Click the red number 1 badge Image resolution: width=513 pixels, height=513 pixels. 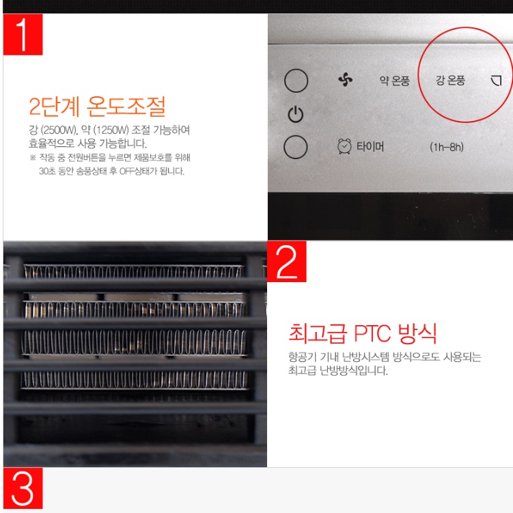[x=23, y=35]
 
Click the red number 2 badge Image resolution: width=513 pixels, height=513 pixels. [x=287, y=261]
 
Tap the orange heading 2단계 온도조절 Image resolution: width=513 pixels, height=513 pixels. [x=97, y=107]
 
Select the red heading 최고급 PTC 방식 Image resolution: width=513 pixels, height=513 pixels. [x=362, y=333]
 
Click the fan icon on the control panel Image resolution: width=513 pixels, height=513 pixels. [x=345, y=81]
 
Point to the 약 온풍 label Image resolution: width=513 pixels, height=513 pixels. [x=394, y=81]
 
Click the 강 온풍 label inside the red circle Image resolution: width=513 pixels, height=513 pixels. [x=450, y=81]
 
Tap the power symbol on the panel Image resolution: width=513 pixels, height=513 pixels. [x=295, y=115]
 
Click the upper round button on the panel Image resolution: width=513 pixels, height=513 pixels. [x=296, y=81]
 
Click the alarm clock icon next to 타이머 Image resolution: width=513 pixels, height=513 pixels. [x=345, y=146]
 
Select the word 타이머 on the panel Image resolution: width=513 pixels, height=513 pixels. [x=370, y=146]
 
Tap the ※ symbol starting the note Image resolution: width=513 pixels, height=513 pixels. [x=32, y=158]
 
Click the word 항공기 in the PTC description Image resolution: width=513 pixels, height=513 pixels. [x=301, y=357]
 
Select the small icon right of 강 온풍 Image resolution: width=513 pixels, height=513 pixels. [x=496, y=81]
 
